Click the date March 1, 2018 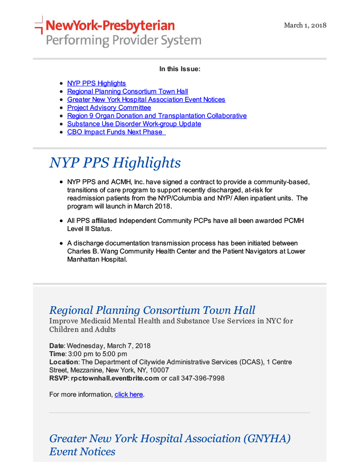[x=305, y=25]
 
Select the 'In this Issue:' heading [x=180, y=69]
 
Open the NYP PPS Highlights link [x=96, y=83]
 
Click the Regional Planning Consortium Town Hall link [x=127, y=91]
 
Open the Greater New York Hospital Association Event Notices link [x=146, y=100]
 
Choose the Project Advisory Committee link [x=109, y=108]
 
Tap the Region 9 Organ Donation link [x=157, y=116]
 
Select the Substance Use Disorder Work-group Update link [x=134, y=124]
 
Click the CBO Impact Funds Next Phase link [x=116, y=132]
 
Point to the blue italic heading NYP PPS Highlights [x=115, y=163]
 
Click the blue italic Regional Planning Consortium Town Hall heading [x=152, y=310]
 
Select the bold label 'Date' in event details [x=56, y=346]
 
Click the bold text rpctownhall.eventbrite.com [x=115, y=378]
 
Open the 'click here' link [x=129, y=394]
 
